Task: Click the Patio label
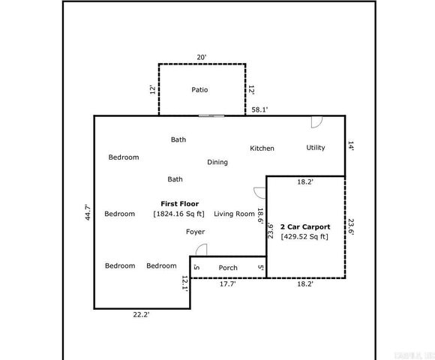click(199, 90)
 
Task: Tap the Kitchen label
click(262, 148)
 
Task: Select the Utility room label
click(316, 148)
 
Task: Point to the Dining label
click(217, 162)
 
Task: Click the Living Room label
click(234, 214)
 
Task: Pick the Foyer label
click(195, 232)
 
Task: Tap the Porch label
click(228, 268)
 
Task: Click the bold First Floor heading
click(179, 203)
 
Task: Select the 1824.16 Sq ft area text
click(178, 214)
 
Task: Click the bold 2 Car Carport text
click(304, 226)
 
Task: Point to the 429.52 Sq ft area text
click(304, 237)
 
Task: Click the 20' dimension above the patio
click(201, 57)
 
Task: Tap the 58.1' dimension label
click(259, 109)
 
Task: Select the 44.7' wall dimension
click(87, 213)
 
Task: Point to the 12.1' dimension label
click(184, 282)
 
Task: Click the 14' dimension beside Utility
click(351, 147)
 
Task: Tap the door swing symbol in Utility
click(316, 121)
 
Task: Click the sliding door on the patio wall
click(211, 115)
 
